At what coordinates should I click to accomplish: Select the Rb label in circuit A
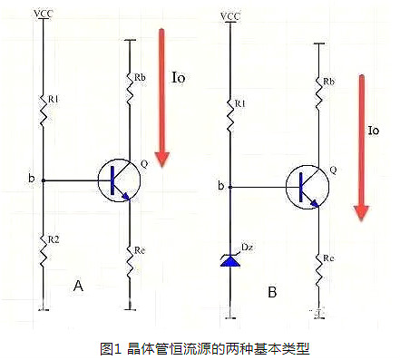click(x=141, y=77)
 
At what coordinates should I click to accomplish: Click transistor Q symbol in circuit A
click(x=118, y=180)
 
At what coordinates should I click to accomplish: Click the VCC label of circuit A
click(x=42, y=14)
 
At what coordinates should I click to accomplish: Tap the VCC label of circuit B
click(x=231, y=16)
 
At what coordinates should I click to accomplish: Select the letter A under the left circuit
click(x=79, y=286)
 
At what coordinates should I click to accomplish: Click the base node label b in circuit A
click(x=32, y=180)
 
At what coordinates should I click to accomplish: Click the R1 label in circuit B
click(x=239, y=104)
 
